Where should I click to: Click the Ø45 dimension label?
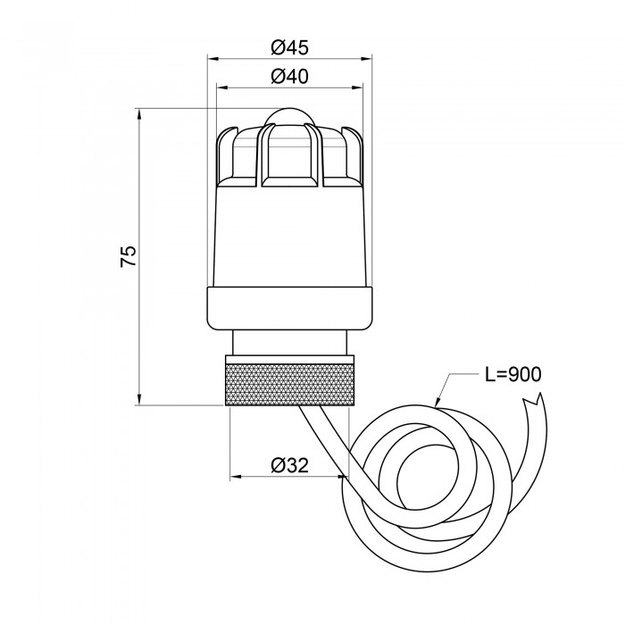290,48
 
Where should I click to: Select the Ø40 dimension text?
290,76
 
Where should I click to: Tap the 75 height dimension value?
129,256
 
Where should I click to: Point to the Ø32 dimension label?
290,465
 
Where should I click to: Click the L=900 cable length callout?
513,374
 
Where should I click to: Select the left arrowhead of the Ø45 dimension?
213,59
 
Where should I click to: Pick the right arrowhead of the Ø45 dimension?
366,59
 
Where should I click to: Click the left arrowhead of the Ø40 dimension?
222,87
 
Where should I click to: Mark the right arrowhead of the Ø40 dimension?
357,87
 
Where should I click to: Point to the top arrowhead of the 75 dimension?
138,114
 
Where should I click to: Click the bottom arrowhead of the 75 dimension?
138,399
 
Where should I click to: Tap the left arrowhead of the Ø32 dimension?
236,476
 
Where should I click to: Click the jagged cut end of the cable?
533,399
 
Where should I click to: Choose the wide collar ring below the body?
290,309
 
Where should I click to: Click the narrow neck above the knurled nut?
290,342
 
